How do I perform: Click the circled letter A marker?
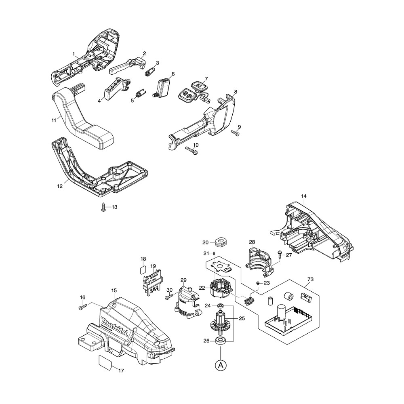point(220,365)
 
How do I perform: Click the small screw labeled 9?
point(235,132)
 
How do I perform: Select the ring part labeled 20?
point(221,242)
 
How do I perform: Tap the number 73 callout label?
point(311,280)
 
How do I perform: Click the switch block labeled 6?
point(164,86)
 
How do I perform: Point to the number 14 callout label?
point(304,196)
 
